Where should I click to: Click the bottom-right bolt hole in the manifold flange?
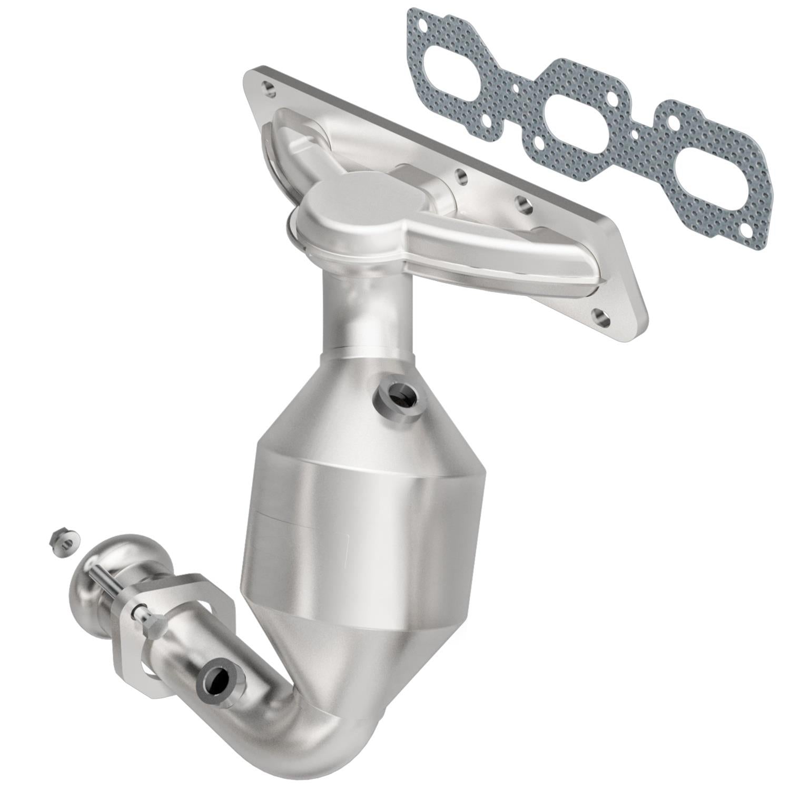[601, 318]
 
